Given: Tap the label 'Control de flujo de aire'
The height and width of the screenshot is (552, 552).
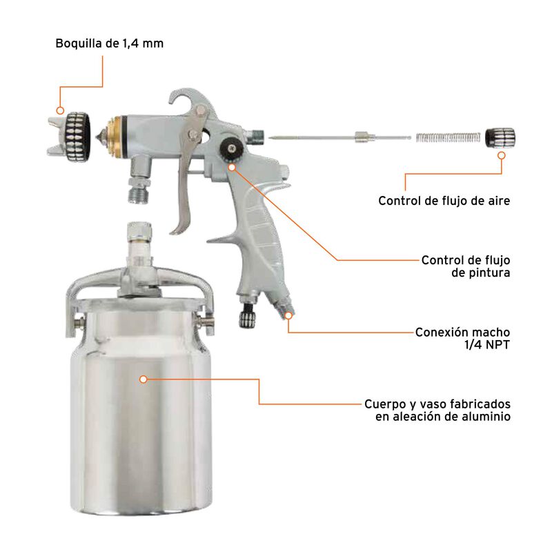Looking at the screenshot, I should (x=444, y=201).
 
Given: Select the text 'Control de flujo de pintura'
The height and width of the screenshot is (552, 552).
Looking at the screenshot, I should (x=465, y=266).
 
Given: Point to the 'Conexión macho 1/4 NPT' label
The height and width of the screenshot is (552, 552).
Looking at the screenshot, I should (x=462, y=338).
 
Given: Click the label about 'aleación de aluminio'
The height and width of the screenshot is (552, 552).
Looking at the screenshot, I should (x=437, y=410).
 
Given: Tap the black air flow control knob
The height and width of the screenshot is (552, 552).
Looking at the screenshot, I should (x=496, y=136).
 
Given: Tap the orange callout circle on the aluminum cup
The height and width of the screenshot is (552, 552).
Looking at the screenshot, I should (x=144, y=379).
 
